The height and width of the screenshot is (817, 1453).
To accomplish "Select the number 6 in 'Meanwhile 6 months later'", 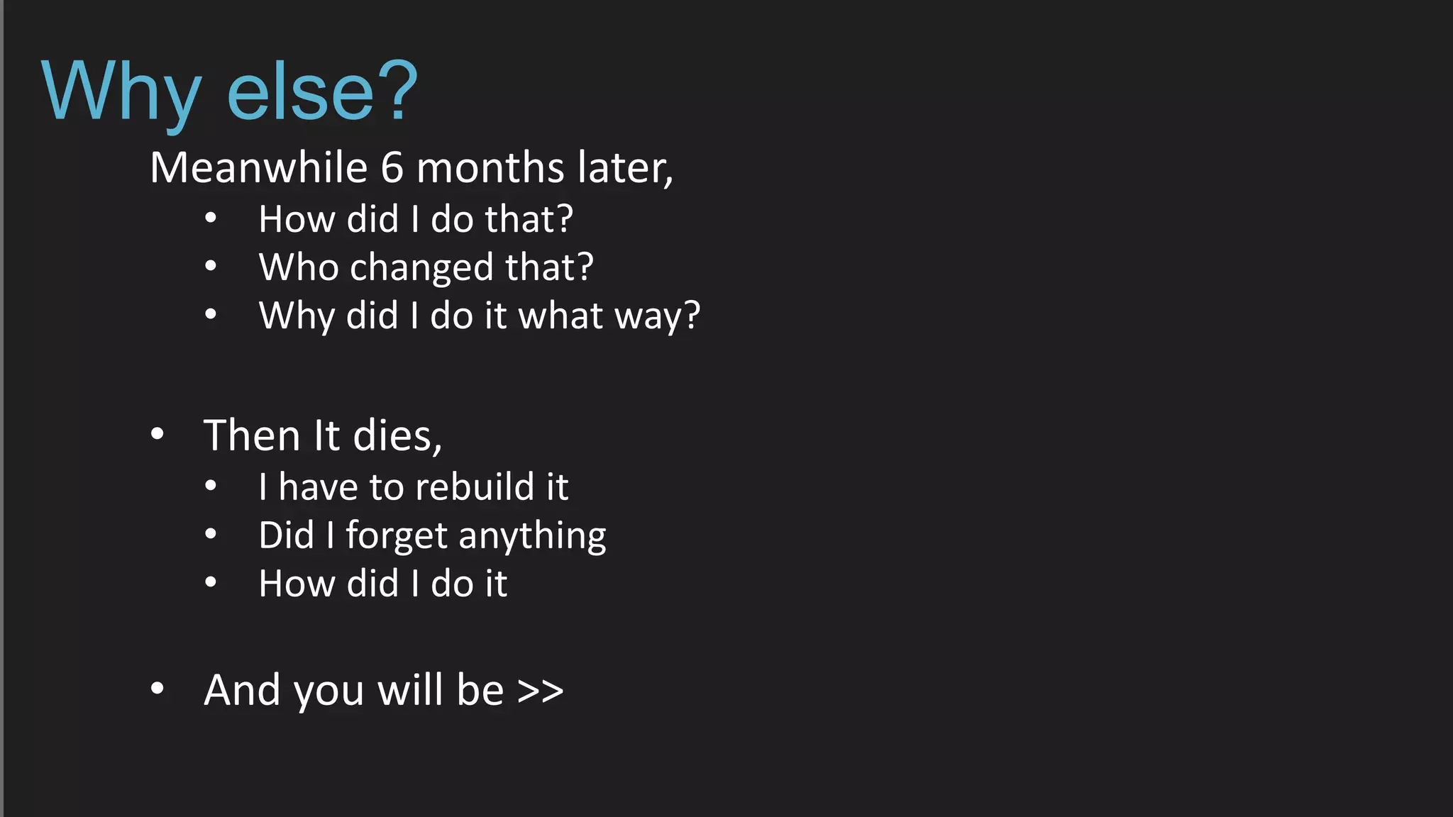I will pos(392,168).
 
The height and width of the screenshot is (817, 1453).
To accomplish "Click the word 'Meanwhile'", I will pos(259,168).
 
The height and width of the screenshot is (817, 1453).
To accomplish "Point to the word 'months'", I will pos(490,168).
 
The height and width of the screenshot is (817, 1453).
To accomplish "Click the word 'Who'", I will pos(298,267).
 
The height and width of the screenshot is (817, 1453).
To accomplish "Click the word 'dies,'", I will pos(397,435).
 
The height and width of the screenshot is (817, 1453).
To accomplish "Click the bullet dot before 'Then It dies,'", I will pos(158,434).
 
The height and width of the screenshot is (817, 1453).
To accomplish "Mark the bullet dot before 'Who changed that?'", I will pos(211,267).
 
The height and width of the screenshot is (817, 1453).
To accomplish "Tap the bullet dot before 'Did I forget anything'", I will pos(211,534).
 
